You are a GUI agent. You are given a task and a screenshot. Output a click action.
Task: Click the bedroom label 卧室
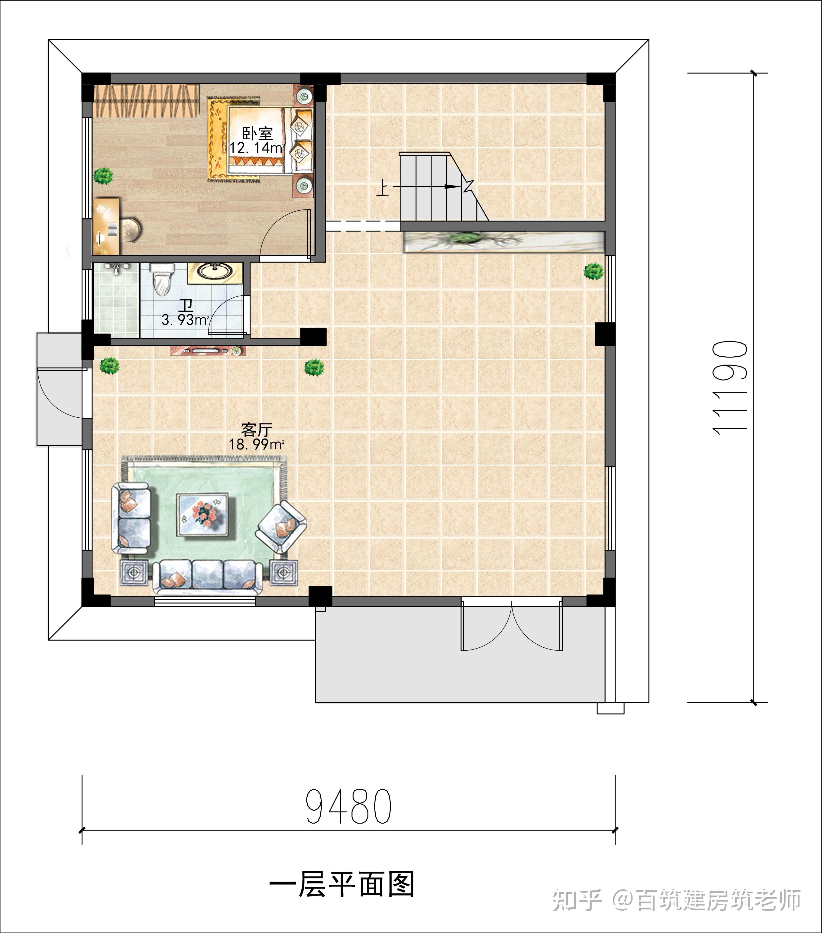257,133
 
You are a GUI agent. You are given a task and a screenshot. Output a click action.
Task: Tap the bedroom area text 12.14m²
257,148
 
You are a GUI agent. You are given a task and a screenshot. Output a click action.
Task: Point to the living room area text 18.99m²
257,444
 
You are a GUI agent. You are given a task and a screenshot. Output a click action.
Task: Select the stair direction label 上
383,188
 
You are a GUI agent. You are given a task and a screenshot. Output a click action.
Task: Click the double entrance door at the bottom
512,625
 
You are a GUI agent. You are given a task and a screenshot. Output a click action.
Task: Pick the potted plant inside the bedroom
104,176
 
